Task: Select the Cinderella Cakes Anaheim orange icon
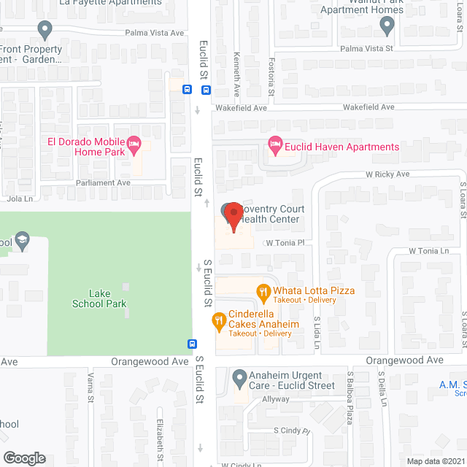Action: click(218, 320)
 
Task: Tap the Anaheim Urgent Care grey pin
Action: click(239, 379)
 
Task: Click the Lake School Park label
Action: click(99, 298)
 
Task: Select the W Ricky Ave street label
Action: click(387, 174)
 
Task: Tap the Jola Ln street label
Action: click(18, 198)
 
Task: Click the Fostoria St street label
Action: click(271, 77)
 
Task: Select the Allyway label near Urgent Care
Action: click(277, 399)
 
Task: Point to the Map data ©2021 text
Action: click(435, 460)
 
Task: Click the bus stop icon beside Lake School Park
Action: click(192, 344)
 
